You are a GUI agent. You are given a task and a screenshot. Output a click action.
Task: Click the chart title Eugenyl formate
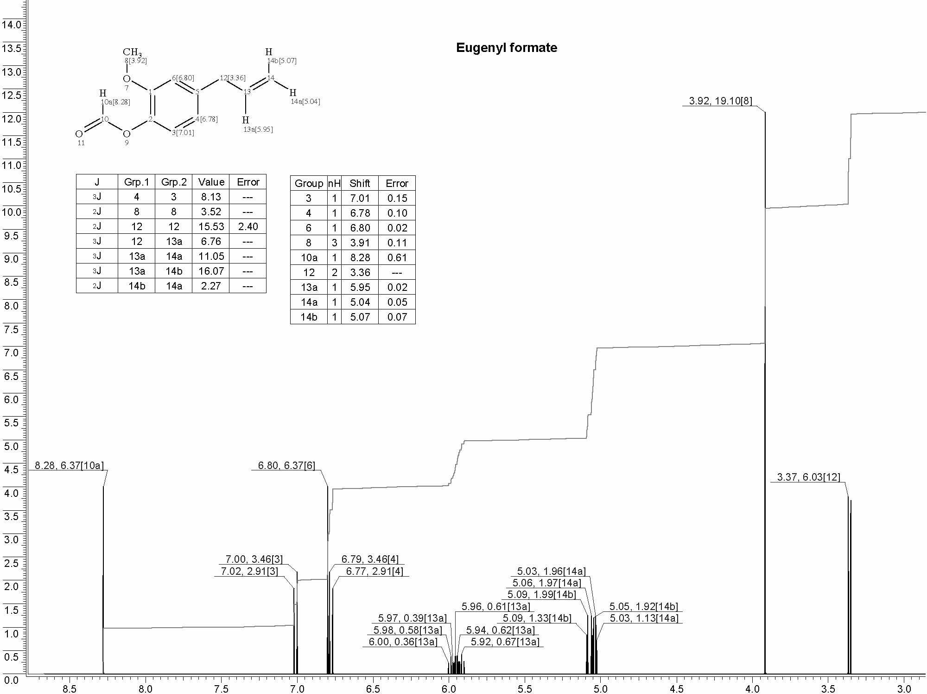point(507,48)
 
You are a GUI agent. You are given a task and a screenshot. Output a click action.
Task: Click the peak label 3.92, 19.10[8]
point(721,101)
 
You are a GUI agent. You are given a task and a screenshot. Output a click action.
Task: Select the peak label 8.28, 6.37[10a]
point(70,465)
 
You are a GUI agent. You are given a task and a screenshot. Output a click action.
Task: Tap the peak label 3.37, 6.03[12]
point(808,477)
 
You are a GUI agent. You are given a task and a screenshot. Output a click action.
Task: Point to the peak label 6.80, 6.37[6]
point(286,465)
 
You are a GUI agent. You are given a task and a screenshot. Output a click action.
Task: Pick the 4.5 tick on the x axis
point(677,688)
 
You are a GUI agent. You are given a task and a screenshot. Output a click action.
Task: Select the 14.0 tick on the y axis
point(12,25)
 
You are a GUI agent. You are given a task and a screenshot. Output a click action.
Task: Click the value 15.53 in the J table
point(211,226)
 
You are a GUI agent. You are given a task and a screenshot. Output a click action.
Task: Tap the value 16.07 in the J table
point(211,271)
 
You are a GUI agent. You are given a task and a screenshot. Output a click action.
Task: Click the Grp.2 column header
point(174,182)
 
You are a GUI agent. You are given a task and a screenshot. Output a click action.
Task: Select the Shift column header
point(360,183)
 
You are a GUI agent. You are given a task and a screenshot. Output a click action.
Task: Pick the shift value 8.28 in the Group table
point(360,257)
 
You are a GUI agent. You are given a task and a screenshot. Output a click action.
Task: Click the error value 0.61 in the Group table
point(397,257)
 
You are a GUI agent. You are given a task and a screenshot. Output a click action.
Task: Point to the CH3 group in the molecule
point(132,52)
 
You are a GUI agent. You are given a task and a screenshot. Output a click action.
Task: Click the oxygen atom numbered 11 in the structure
point(79,134)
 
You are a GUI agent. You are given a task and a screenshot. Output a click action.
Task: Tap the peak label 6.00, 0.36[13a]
point(403,642)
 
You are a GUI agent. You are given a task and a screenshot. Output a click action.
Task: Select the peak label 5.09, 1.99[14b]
point(541,594)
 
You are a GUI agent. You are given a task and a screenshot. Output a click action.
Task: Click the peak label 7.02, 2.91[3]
point(249,571)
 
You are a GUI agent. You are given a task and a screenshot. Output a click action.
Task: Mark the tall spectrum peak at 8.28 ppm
point(103,580)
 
